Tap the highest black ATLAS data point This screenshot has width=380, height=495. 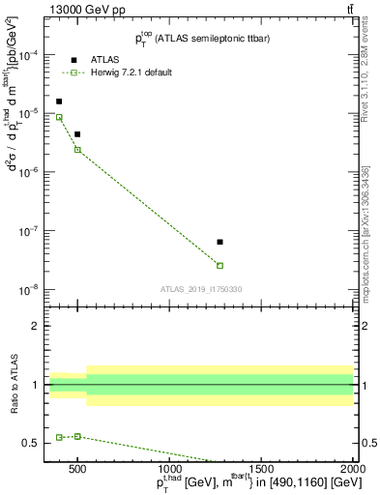pos(59,102)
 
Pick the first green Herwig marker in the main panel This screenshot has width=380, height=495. pos(59,118)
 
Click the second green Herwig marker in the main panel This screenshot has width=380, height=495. pos(77,149)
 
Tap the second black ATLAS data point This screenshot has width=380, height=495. pos(77,134)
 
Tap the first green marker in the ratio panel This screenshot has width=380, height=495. pos(59,437)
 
